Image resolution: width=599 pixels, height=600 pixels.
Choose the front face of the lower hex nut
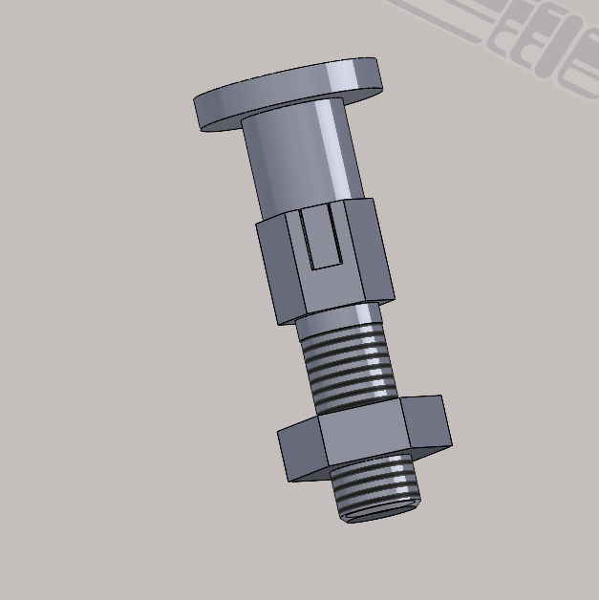(368, 435)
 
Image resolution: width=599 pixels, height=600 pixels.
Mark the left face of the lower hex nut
(299, 454)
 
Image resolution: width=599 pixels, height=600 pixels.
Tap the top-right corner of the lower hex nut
(440, 396)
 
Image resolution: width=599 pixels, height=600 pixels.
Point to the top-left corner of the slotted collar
(257, 224)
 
